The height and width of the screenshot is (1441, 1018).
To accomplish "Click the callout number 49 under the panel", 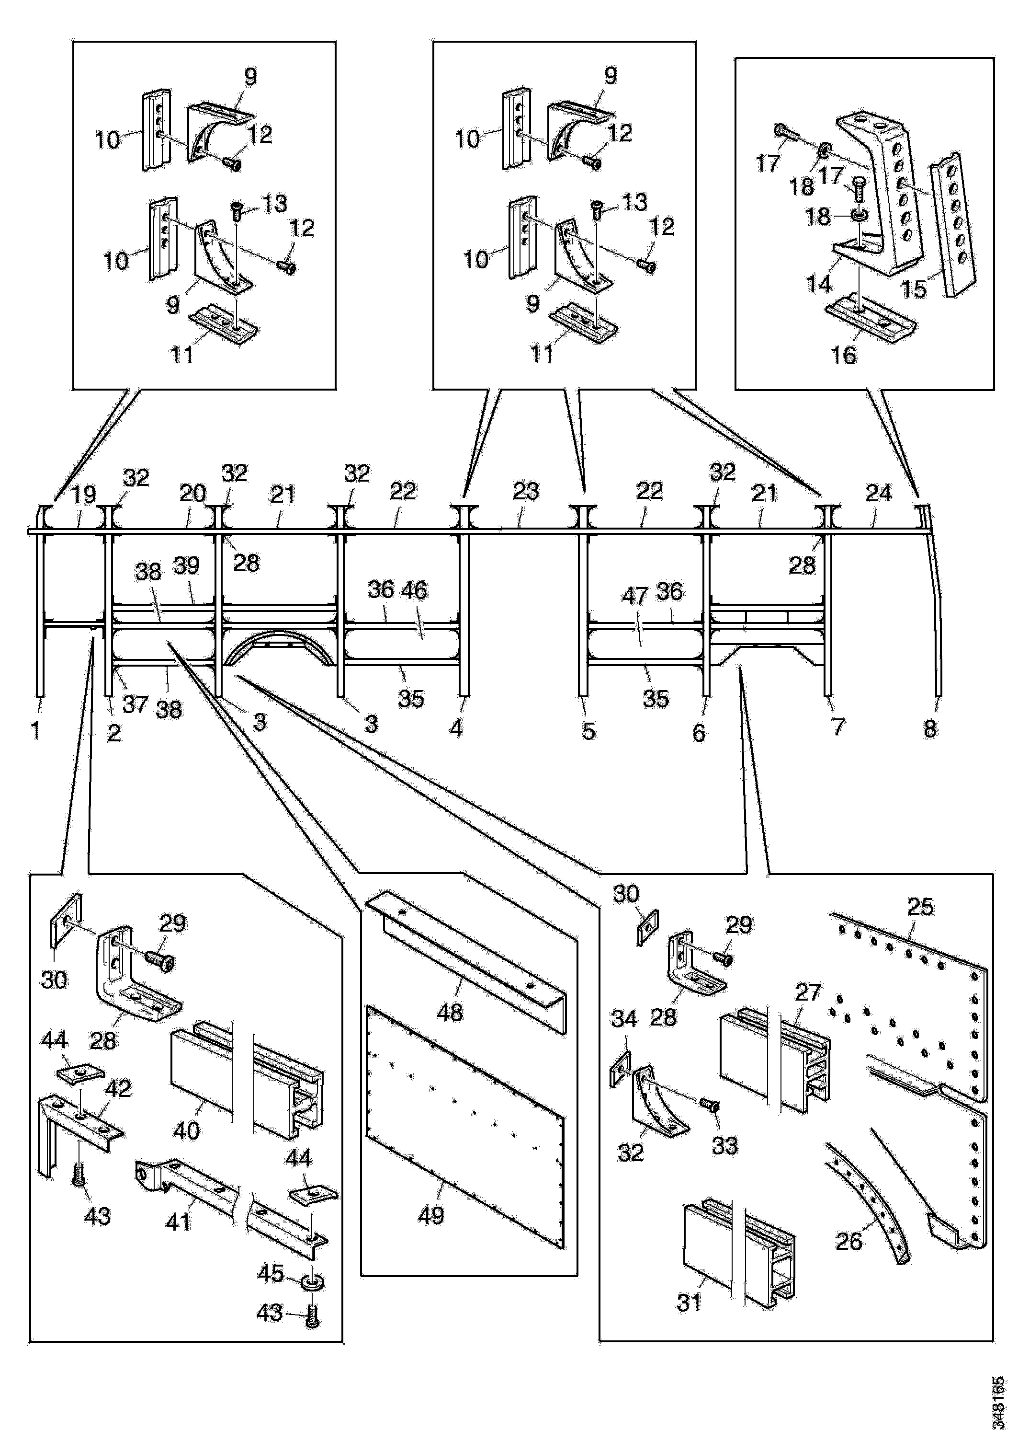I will (431, 1216).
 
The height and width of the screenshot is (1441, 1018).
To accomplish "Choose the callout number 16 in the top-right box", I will (844, 355).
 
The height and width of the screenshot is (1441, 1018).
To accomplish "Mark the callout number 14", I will (818, 284).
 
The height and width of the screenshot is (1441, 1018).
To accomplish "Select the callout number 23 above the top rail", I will (526, 491).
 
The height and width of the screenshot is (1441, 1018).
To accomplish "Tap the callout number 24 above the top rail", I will (878, 493).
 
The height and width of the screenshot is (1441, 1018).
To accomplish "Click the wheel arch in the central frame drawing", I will (279, 646).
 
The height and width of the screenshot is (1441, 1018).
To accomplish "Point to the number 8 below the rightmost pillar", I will (930, 729).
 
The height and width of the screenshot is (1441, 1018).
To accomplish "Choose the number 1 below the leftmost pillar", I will (36, 730).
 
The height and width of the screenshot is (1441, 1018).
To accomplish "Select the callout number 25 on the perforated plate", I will (920, 906).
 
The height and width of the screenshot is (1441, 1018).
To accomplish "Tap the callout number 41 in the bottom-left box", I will (179, 1222).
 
